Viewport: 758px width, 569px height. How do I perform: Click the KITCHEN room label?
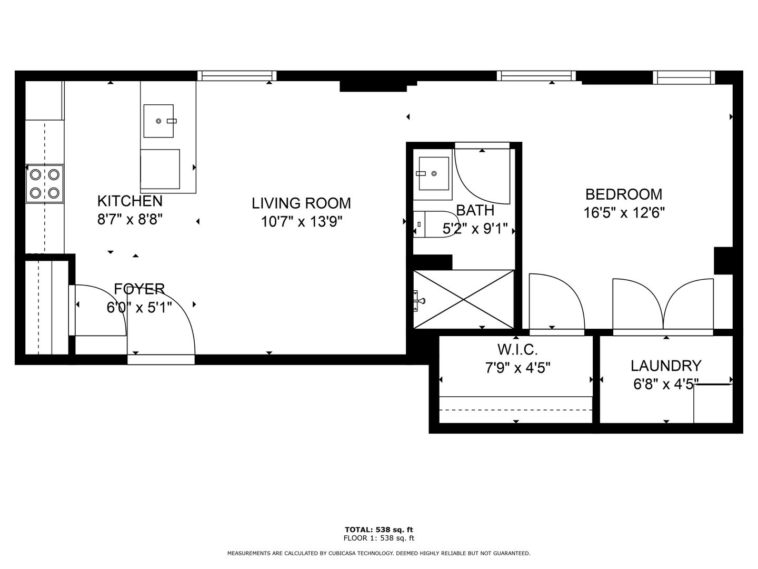coord(130,201)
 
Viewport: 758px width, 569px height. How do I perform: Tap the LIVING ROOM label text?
coord(301,203)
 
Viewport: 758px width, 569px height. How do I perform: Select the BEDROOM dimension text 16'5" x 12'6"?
coord(624,212)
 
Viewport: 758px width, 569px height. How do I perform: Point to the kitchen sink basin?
coord(158,121)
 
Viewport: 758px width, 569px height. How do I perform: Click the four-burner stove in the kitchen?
coord(45,183)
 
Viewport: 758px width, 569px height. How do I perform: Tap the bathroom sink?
coord(434,173)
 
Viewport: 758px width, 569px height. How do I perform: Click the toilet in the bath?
coord(436,224)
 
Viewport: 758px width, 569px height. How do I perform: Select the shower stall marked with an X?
coord(464,299)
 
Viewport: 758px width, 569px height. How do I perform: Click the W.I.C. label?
coord(517,350)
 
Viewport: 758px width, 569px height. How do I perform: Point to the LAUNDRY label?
coord(666,366)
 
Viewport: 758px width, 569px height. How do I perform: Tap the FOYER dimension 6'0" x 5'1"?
coord(139,307)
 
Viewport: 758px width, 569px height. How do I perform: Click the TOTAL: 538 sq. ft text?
coord(379,529)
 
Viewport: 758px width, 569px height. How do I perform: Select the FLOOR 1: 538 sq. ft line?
coord(379,538)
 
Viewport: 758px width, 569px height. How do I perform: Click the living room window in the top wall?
coord(237,76)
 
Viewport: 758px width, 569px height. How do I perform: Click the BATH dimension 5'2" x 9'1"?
coord(475,228)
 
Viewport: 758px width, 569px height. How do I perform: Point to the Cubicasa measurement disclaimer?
coord(379,553)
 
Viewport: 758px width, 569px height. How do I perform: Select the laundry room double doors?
coord(663,304)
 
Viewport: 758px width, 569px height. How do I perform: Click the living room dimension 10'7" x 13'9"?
coord(301,221)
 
